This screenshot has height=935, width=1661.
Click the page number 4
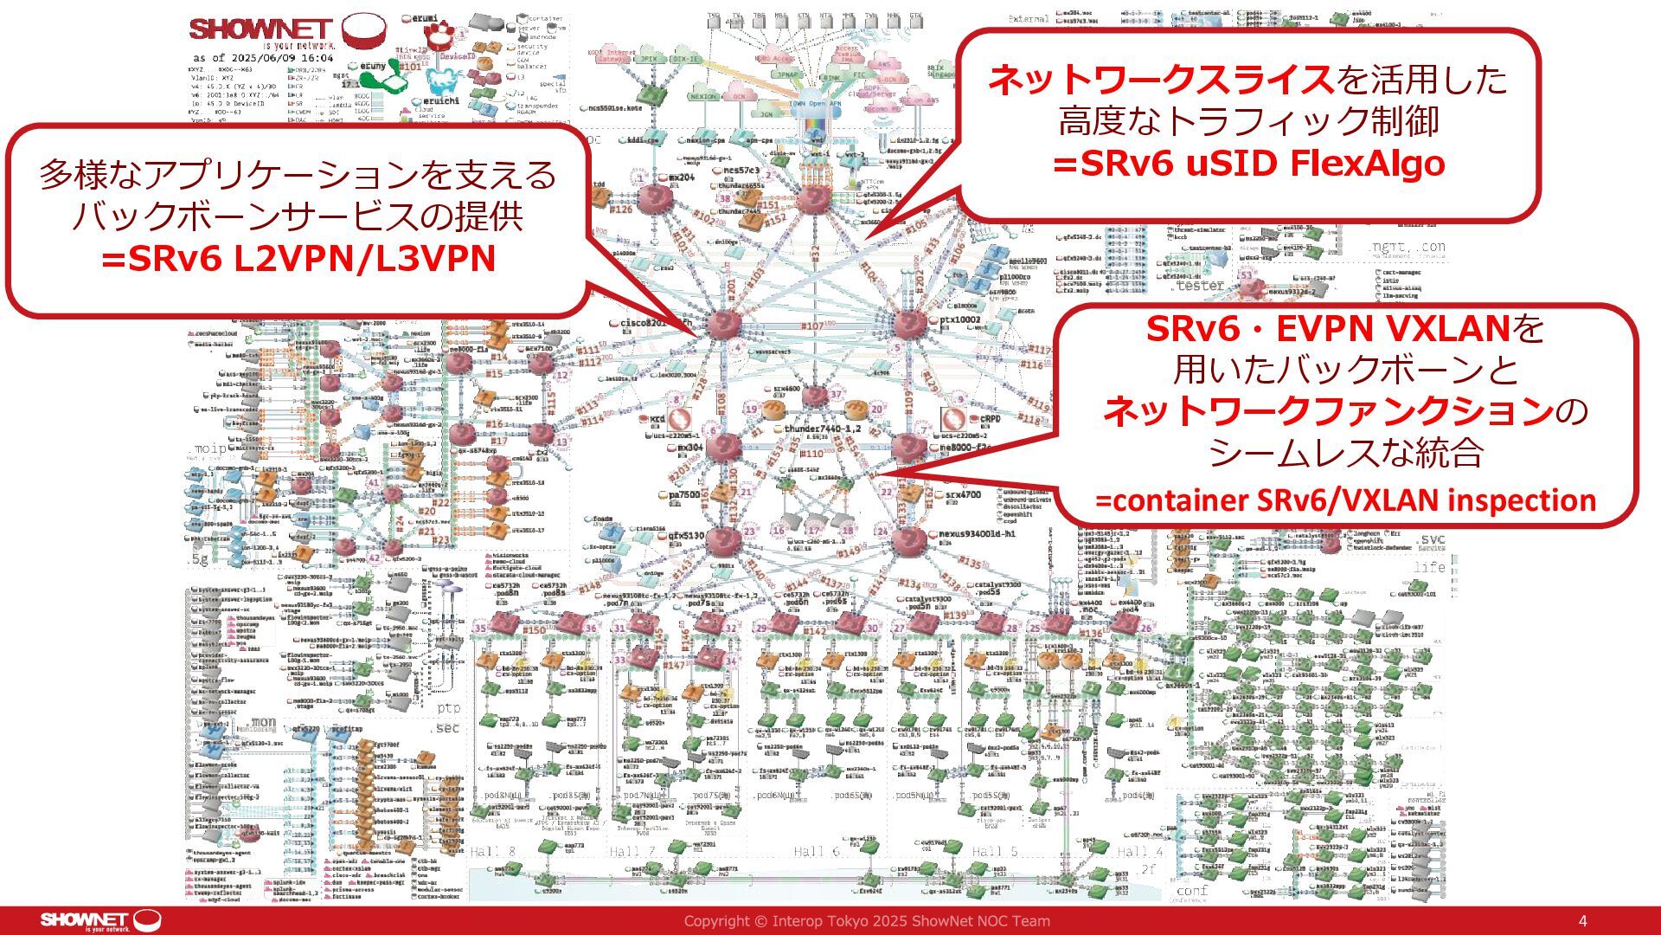click(1582, 921)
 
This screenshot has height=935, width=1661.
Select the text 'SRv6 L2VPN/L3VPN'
click(298, 257)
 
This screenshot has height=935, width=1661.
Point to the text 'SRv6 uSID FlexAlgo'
click(1248, 163)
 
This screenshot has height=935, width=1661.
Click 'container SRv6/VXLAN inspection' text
click(1345, 500)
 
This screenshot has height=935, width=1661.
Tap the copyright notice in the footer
click(867, 921)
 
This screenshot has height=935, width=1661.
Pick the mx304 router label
click(689, 448)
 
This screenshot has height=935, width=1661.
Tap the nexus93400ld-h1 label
click(977, 534)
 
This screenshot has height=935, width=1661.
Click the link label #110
click(811, 454)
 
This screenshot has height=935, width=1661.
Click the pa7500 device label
click(684, 494)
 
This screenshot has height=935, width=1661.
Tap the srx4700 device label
click(963, 494)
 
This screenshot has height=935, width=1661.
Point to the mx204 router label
click(682, 177)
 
